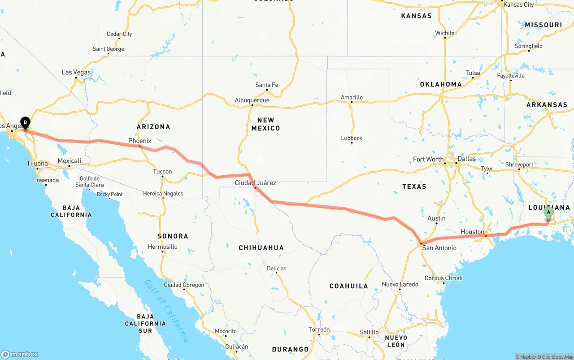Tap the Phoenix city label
tap(140, 141)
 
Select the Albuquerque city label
tap(252, 100)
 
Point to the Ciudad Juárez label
tap(256, 183)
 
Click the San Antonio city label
tap(439, 248)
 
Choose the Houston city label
tap(473, 232)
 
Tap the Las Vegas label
tap(76, 72)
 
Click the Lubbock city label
tap(352, 138)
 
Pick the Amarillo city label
tap(352, 97)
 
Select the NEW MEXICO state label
tap(265, 124)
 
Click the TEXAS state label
tap(414, 186)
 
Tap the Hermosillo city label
tap(163, 247)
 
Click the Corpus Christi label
tap(444, 278)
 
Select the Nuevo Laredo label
tap(400, 284)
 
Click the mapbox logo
tap(20, 354)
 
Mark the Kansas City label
tap(519, 4)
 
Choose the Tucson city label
tap(162, 171)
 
